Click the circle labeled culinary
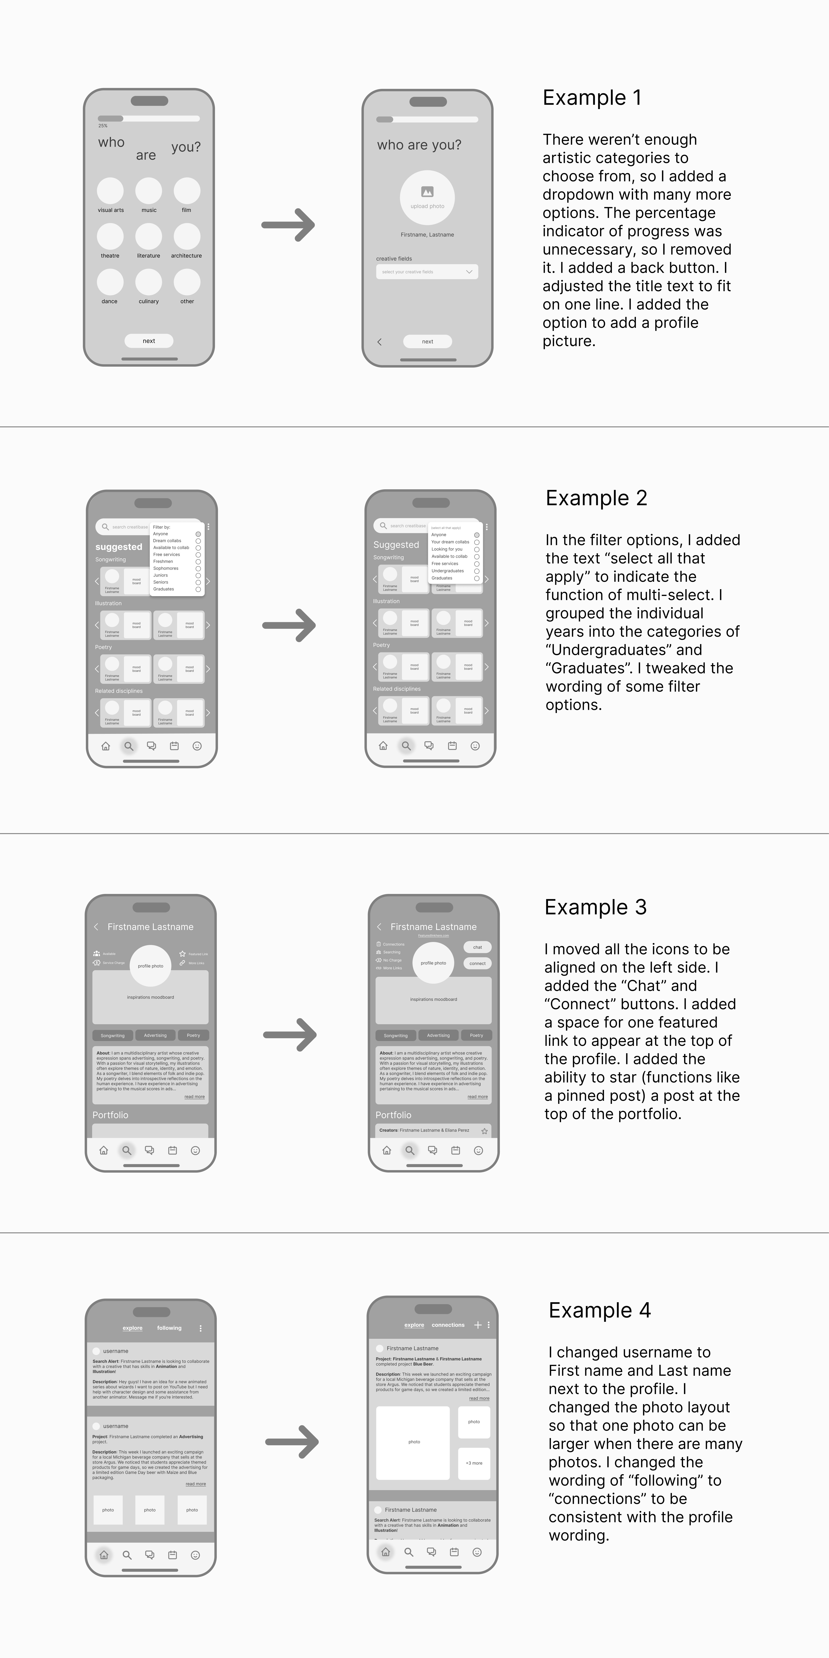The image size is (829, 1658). click(149, 282)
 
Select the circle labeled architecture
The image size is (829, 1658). click(187, 236)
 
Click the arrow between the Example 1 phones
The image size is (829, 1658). click(288, 225)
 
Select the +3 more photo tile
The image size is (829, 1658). click(474, 1463)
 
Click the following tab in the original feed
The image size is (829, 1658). click(169, 1328)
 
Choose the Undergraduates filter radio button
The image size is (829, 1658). click(477, 571)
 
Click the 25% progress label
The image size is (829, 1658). click(103, 125)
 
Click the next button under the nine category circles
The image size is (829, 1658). click(149, 341)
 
